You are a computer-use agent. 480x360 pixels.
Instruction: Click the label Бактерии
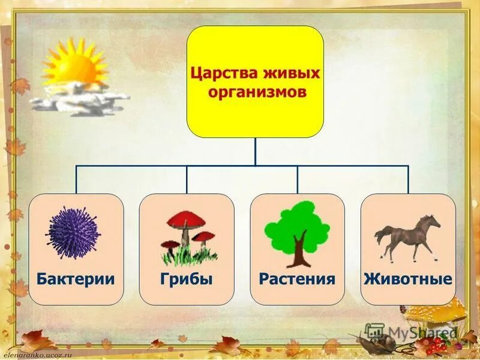tap(76, 279)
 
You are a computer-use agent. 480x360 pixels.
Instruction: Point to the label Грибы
tap(186, 279)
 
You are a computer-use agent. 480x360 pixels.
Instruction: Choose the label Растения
tap(297, 279)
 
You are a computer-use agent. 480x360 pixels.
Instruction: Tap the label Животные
tap(408, 279)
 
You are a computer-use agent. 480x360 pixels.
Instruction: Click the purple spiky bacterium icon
tap(73, 233)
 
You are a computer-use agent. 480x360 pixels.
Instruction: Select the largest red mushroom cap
tap(185, 220)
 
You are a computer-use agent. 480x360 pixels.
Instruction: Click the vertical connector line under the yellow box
tap(255, 151)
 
